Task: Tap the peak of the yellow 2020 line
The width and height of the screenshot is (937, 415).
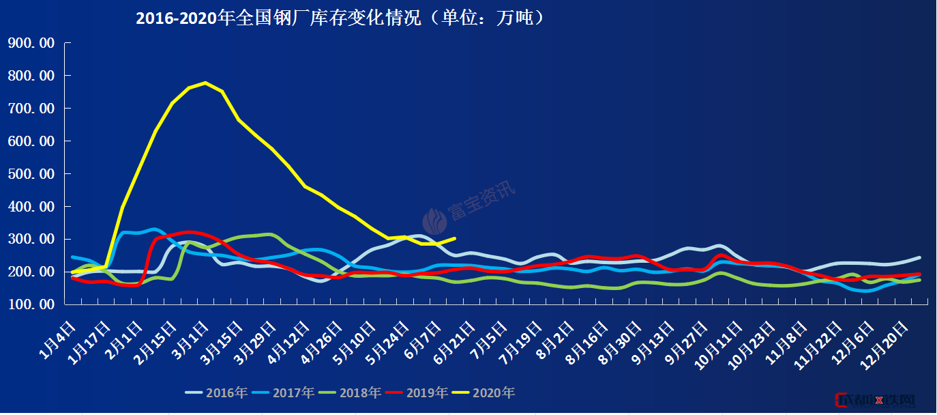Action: pos(205,83)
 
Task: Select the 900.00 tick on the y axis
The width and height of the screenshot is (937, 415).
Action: pos(31,43)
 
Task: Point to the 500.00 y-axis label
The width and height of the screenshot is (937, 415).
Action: pos(31,174)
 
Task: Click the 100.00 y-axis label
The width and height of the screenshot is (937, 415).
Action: pos(31,305)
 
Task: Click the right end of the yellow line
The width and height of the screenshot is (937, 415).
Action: pos(455,238)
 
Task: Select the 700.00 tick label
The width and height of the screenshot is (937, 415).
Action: pos(31,109)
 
